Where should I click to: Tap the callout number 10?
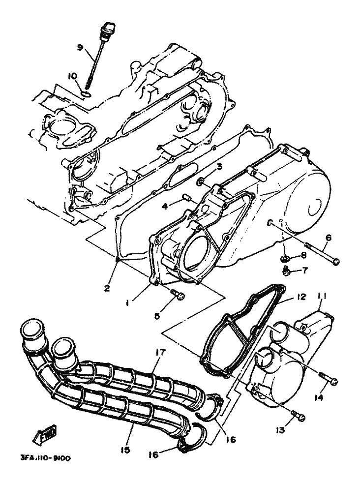[x=72, y=76]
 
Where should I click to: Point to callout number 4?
[x=165, y=206]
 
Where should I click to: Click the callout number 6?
[x=328, y=238]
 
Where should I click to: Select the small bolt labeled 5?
[x=178, y=295]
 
